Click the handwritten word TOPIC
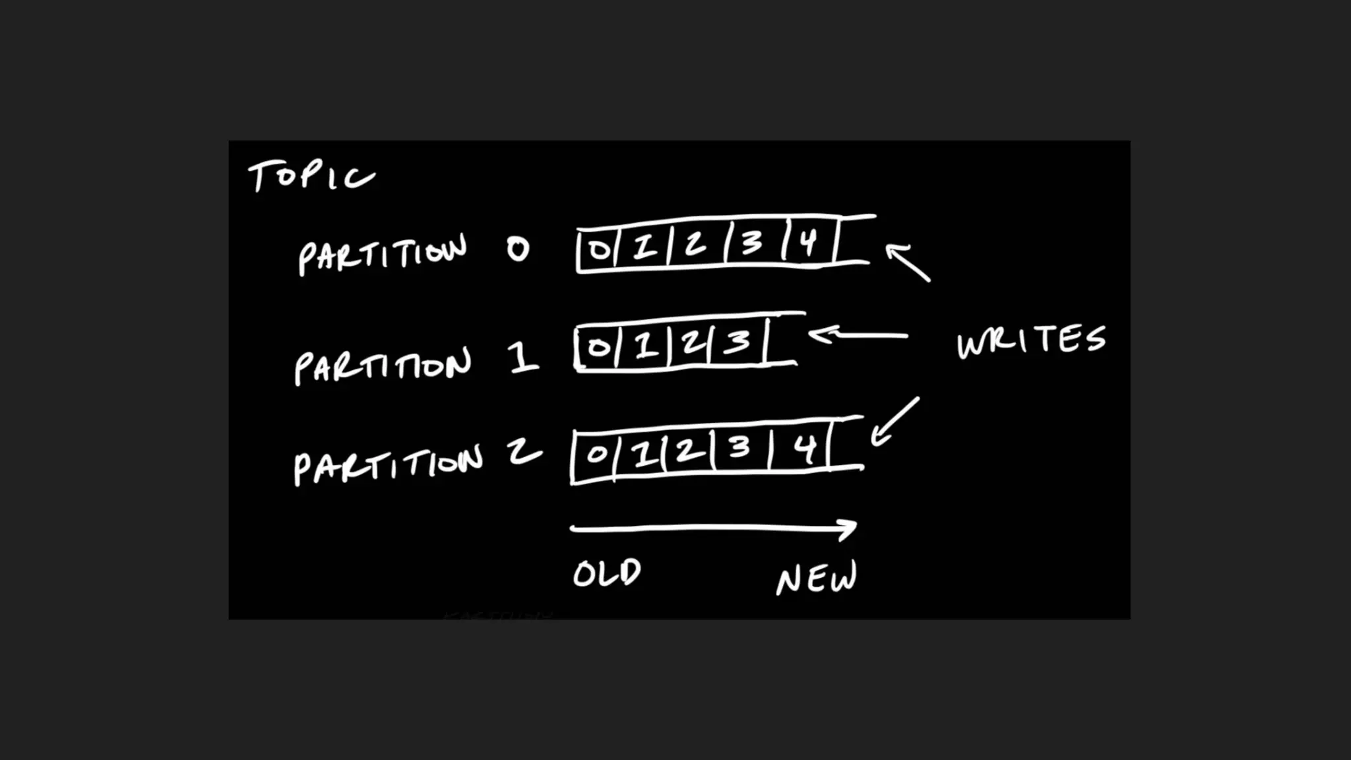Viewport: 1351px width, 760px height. coord(311,176)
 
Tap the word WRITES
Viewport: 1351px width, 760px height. coord(1031,340)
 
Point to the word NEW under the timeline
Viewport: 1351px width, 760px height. coord(817,578)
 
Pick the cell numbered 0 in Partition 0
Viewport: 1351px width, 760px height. coord(598,249)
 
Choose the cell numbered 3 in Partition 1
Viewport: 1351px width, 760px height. coord(738,342)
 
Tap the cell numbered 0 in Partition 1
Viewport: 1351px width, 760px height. coord(598,346)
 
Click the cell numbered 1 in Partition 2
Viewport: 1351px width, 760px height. coord(641,454)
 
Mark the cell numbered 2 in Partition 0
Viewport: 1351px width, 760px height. coord(695,245)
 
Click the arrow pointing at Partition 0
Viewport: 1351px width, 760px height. coord(908,263)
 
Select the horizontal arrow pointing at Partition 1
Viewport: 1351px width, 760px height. coord(858,334)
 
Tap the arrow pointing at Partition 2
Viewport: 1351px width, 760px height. coord(895,422)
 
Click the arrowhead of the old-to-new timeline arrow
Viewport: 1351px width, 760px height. coord(847,528)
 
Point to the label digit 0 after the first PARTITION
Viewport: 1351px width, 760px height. coord(518,249)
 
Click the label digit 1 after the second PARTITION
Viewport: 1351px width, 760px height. coord(523,358)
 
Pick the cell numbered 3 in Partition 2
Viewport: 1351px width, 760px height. coord(740,449)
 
